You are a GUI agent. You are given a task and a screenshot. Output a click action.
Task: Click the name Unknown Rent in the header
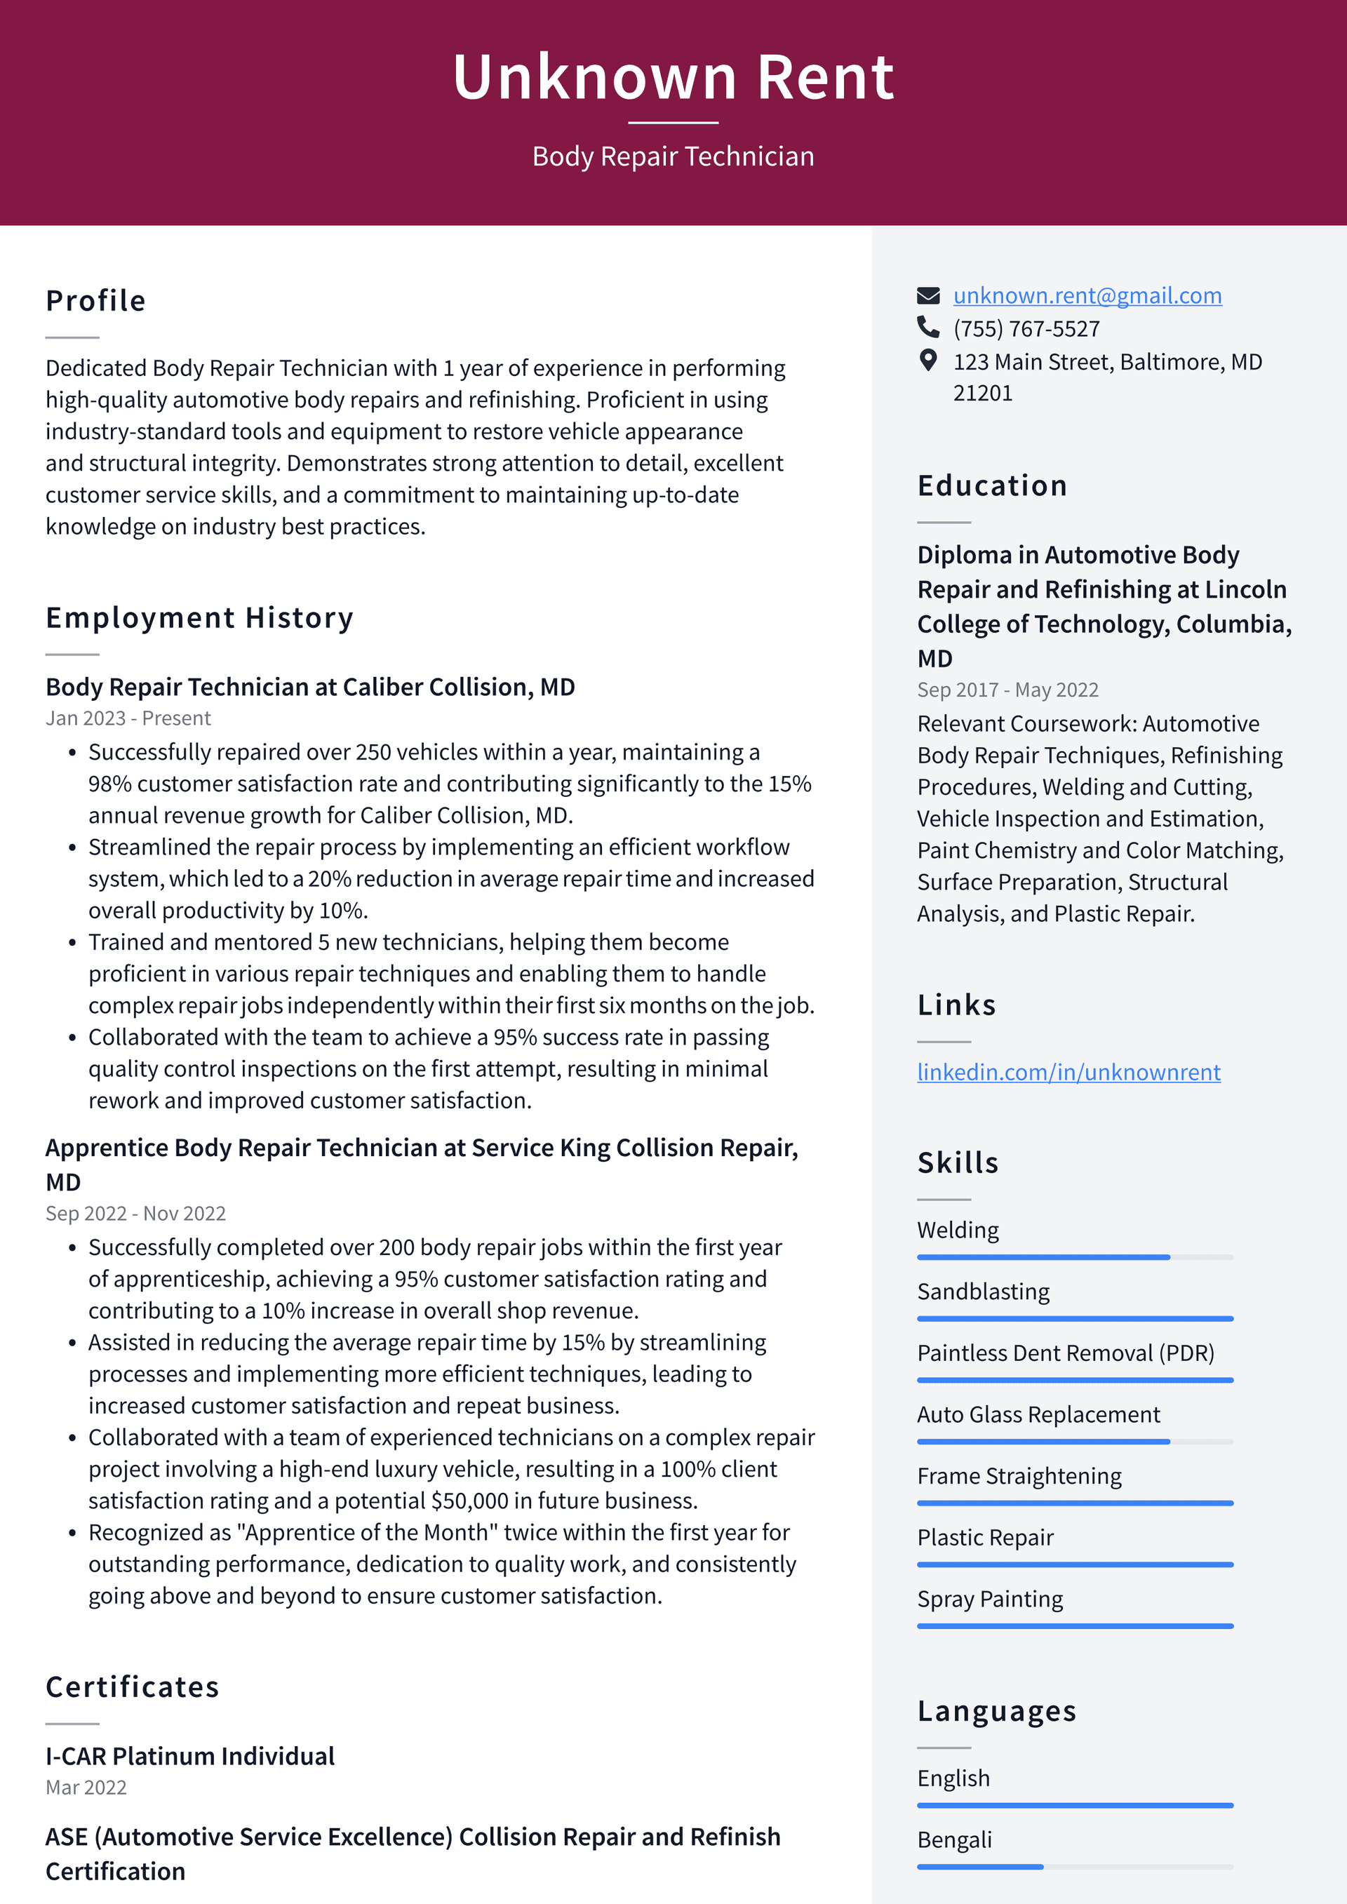tap(673, 77)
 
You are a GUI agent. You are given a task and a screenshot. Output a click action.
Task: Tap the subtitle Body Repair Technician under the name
tap(673, 156)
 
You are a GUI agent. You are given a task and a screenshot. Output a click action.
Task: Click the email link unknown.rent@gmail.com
tap(1087, 295)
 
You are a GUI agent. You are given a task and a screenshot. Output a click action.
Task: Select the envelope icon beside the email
tap(928, 295)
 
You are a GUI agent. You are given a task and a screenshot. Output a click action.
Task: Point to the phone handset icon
tap(928, 327)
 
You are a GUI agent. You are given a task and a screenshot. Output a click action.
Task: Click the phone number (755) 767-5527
tap(1026, 329)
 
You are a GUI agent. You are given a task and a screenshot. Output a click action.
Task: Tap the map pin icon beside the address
tap(928, 360)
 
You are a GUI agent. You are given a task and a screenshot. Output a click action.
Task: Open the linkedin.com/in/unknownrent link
tap(1068, 1072)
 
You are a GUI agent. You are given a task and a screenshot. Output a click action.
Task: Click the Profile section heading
tap(95, 301)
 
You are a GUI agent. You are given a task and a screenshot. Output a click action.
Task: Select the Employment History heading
tap(199, 618)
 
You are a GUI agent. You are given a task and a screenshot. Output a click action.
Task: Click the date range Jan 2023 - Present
tap(128, 718)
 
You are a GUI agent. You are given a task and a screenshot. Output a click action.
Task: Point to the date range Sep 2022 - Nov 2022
tap(135, 1213)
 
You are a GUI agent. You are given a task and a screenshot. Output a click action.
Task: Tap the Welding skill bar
tap(1074, 1257)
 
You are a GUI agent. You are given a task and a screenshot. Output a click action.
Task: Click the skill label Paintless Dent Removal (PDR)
tap(1065, 1353)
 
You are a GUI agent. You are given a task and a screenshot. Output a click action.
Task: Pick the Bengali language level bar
tap(1074, 1867)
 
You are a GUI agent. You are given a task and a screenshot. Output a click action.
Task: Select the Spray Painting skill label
tap(989, 1599)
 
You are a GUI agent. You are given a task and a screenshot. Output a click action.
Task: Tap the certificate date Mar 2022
tap(86, 1787)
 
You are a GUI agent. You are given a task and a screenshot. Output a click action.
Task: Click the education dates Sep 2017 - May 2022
tap(1007, 690)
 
